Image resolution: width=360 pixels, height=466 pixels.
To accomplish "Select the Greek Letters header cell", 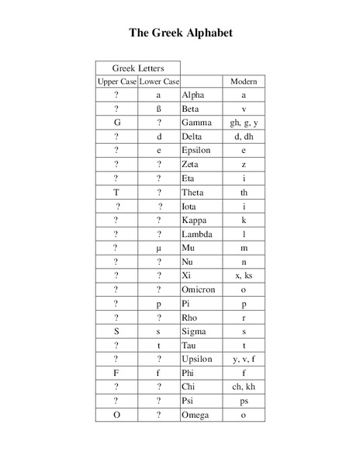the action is point(137,68).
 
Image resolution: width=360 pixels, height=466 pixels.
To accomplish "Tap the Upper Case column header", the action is point(116,82).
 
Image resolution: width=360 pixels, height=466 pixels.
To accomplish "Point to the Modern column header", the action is point(244,82).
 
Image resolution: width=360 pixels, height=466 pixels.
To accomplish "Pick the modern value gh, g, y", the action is point(244,123).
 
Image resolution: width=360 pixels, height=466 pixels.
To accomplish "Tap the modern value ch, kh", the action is point(244,387).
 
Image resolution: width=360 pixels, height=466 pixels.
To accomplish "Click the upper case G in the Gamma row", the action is point(116,123).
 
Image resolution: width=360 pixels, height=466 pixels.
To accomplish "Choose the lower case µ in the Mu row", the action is point(158,248).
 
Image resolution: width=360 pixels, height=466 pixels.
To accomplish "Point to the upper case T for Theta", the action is point(116,192).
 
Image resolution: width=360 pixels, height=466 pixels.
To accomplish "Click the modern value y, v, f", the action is point(244,359).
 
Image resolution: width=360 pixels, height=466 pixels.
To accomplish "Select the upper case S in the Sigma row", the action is point(116,331).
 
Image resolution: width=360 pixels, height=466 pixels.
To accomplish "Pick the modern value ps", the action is point(244,401).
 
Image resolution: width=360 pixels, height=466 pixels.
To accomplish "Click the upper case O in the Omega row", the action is point(116,415).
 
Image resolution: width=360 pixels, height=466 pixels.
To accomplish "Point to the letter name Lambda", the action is point(196,234).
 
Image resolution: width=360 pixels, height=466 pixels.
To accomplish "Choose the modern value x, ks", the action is point(244,276).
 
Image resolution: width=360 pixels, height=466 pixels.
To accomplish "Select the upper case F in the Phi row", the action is point(116,373).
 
